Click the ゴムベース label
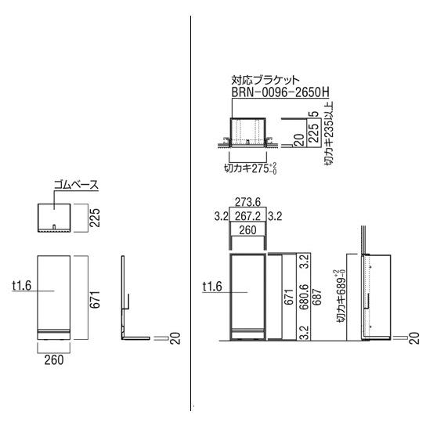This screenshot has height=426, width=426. coord(76,185)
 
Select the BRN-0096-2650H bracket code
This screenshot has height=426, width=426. coord(280,92)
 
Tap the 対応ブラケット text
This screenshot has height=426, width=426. coord(265,80)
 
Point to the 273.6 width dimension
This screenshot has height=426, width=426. coord(247,202)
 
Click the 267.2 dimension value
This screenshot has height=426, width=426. coord(247,216)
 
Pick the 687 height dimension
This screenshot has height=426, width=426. coord(317,298)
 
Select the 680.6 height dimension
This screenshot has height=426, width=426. coord(305,298)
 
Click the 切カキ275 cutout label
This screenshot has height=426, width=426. coord(251,168)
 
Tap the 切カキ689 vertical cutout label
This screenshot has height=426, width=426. coord(341,296)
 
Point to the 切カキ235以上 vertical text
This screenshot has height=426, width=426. coord(329,133)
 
